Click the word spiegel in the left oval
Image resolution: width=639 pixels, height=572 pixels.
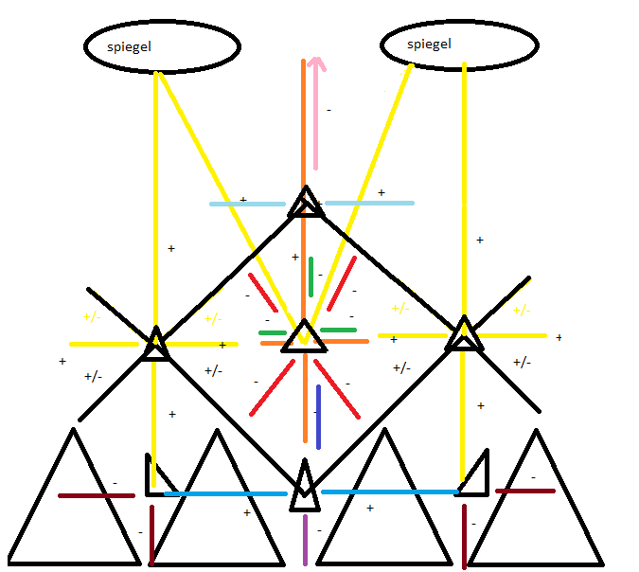130,45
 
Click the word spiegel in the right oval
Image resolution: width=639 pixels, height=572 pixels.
429,45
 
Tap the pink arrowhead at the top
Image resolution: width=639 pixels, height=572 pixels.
316,63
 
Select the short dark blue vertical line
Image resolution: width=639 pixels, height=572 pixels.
318,417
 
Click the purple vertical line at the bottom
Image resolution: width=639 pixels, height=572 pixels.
305,540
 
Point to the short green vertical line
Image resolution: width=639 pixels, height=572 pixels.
311,276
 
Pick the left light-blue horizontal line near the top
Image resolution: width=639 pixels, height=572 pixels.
247,204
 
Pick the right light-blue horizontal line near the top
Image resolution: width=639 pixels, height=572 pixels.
369,203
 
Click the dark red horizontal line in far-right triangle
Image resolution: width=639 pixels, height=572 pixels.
525,491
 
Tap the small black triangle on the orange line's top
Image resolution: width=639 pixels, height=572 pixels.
305,204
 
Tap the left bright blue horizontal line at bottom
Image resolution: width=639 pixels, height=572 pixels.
225,493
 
